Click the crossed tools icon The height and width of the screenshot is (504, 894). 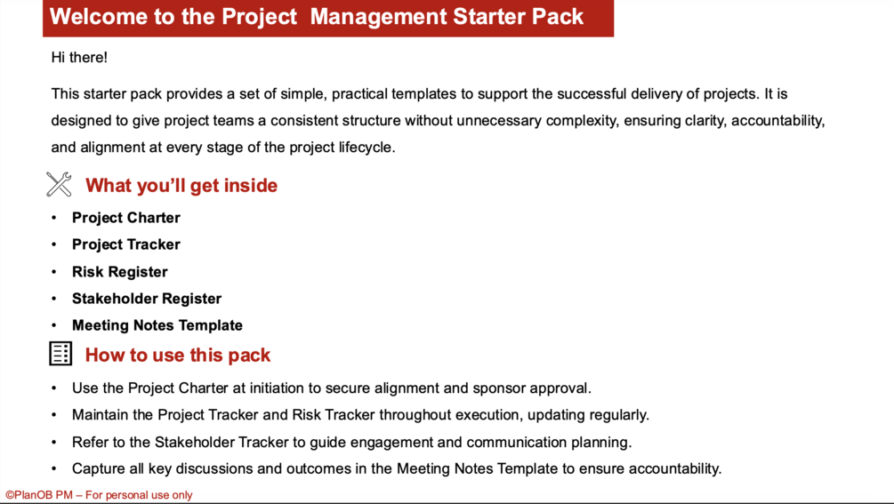[x=59, y=185]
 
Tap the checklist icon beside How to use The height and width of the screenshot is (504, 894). [x=60, y=354]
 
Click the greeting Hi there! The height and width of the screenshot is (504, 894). [x=79, y=58]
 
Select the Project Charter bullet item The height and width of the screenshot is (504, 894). [x=126, y=218]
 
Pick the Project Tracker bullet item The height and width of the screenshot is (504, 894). [x=126, y=244]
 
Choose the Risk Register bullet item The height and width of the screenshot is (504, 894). [x=120, y=272]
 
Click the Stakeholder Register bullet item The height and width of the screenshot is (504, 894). [x=147, y=299]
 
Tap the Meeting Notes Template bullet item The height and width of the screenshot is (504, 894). [x=157, y=325]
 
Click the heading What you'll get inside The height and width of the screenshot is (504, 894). [x=181, y=186]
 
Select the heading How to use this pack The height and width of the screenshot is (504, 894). [x=178, y=356]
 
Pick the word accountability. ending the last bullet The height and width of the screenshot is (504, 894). [x=675, y=469]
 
